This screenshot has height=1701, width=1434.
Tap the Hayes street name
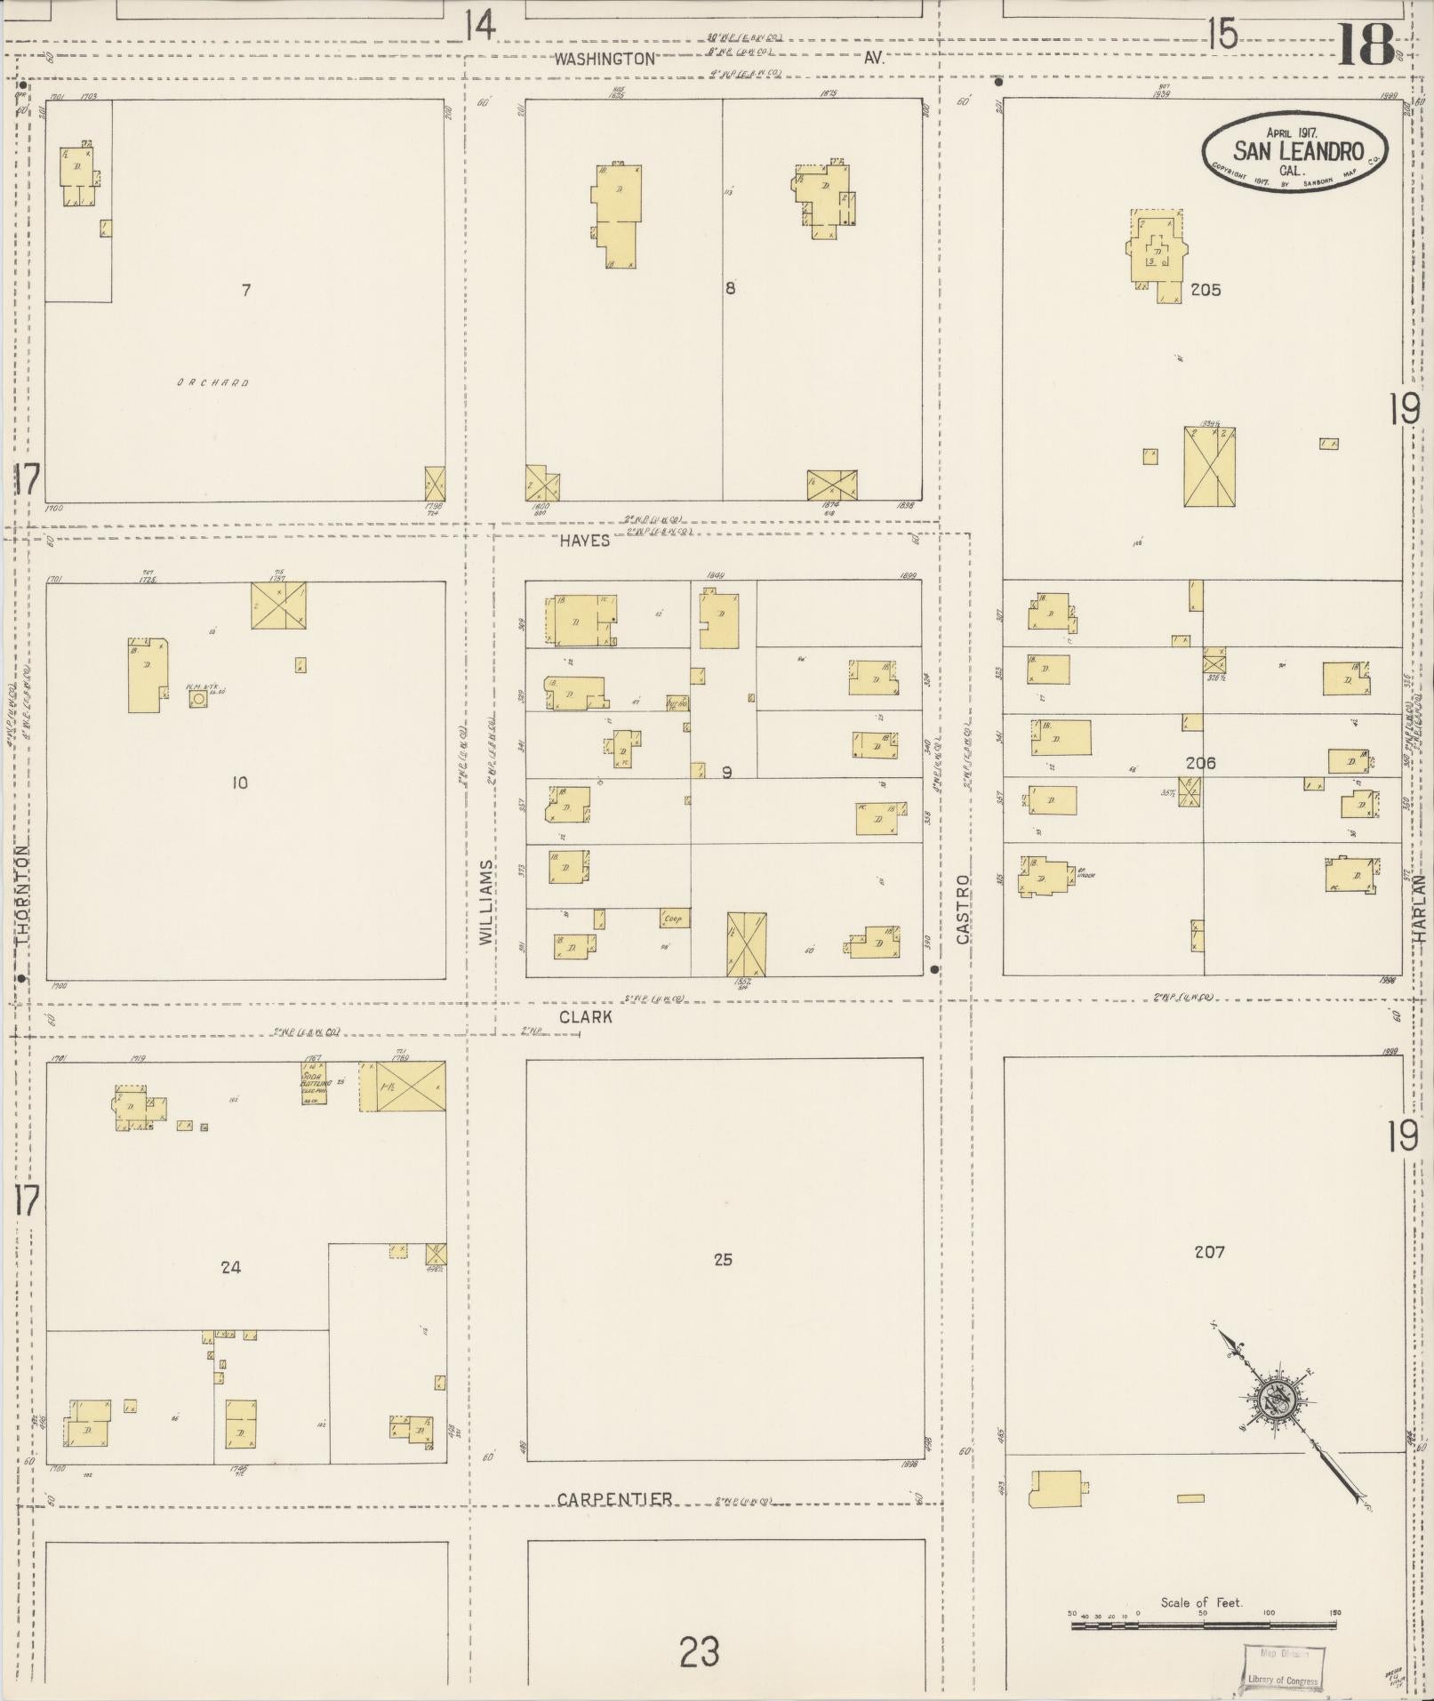[584, 541]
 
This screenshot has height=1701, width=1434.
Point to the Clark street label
[586, 1016]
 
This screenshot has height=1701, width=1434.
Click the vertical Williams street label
[485, 902]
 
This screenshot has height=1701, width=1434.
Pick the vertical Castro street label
[964, 910]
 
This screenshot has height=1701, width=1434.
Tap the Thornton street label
[22, 895]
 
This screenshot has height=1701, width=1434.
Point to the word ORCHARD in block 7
[212, 383]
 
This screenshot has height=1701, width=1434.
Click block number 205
[1206, 290]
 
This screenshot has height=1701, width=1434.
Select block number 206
[1200, 763]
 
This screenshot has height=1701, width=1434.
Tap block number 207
[1209, 1252]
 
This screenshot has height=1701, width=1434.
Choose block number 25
[723, 1259]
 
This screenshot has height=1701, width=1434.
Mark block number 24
[230, 1267]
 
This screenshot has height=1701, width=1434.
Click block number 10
[239, 783]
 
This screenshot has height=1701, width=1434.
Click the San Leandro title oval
[1295, 151]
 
